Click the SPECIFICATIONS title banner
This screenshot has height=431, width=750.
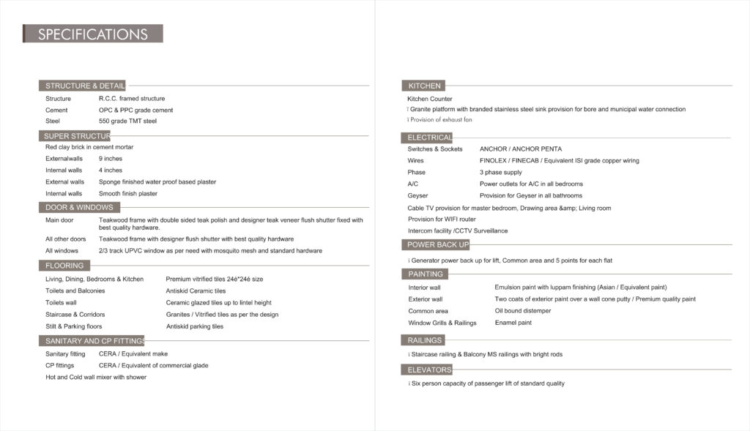tap(93, 34)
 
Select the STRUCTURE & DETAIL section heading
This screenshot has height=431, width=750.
tap(83, 86)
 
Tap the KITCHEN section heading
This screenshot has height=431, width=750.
tap(425, 86)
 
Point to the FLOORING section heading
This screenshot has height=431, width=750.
tap(64, 266)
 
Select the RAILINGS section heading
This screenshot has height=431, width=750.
tap(425, 340)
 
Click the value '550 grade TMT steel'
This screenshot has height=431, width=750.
tap(127, 121)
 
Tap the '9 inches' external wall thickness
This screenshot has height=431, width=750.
tap(111, 158)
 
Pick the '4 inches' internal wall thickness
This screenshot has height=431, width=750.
tap(111, 170)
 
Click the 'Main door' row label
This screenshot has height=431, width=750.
tap(59, 220)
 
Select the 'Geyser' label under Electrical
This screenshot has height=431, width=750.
tap(417, 195)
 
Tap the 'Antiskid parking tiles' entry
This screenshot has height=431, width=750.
tap(195, 326)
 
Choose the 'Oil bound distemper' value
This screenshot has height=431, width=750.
tap(523, 310)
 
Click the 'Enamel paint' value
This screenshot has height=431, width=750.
tap(513, 323)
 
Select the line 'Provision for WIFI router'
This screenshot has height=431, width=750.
tap(442, 219)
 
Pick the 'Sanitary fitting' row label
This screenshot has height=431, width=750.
tap(65, 353)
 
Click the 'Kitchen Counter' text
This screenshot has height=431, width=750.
tap(430, 99)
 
